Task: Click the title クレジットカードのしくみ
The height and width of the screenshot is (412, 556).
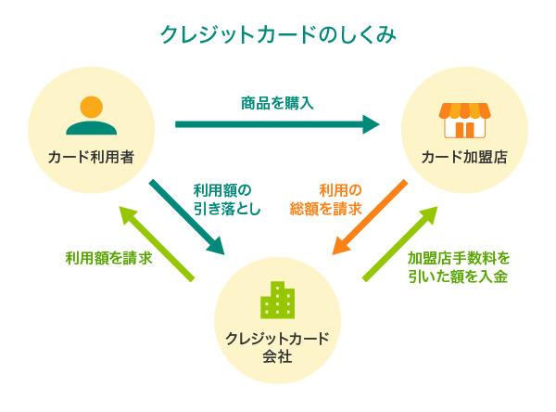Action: [x=278, y=34]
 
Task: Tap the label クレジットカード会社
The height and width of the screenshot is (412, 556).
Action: [x=278, y=345]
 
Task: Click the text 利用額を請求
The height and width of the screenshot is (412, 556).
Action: [x=108, y=257]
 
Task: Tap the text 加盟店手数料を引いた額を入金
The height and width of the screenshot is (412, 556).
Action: [x=459, y=266]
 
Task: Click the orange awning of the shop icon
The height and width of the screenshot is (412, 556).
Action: [x=464, y=108]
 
